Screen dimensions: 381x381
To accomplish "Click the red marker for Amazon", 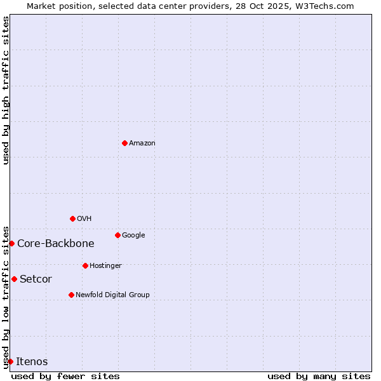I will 124,143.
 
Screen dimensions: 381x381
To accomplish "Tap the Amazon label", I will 142,144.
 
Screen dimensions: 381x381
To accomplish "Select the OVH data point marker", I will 72,218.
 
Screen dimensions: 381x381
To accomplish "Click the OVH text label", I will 84,219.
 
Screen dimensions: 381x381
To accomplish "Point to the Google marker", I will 117,235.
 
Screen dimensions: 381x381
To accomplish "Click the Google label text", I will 133,236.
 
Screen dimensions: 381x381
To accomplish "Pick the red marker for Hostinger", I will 85,265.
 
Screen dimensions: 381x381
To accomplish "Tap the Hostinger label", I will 105,266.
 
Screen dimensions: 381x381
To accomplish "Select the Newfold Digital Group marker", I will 71,295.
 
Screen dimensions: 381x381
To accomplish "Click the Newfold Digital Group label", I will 112,295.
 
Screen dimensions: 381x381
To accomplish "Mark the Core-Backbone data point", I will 11,243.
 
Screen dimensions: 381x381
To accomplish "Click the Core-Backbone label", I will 56,244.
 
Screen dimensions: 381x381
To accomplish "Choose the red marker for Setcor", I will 14,279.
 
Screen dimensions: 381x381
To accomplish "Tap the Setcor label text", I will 36,279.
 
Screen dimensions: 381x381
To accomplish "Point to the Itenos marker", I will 10,361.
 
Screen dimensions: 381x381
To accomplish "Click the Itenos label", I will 32,362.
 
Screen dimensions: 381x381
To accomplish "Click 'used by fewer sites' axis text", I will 65,377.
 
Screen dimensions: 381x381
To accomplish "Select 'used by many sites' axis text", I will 319,377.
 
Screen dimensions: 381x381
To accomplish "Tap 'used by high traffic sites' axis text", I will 6,90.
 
